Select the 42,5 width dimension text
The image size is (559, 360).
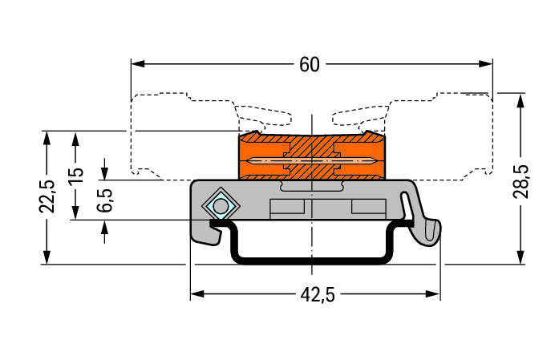[x=318, y=295]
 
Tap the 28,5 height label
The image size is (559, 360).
[x=522, y=181]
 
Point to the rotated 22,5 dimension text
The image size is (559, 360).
[x=47, y=196]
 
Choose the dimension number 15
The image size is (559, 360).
[x=75, y=176]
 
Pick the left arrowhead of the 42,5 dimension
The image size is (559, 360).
[x=195, y=294]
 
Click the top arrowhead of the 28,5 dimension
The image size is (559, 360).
[x=522, y=99]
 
